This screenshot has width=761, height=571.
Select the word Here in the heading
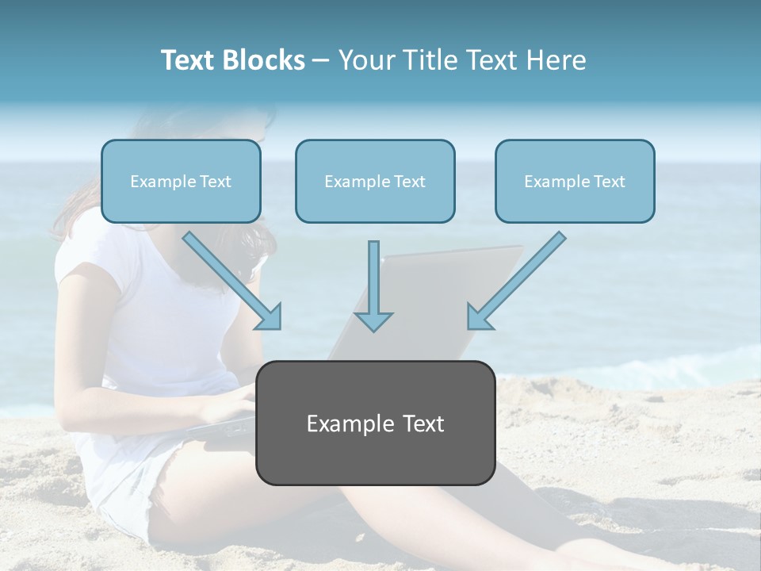[556, 60]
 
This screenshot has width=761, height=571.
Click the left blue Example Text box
[181, 181]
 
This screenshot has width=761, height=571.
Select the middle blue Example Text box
[375, 181]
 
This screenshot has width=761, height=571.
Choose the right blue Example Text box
[575, 181]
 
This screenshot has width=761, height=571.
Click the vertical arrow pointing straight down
[373, 285]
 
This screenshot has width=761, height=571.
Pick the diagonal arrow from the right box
[516, 281]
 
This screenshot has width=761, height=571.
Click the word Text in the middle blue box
[409, 182]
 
